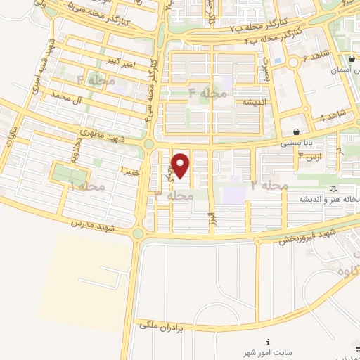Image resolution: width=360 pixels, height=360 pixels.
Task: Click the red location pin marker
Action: click(x=181, y=165)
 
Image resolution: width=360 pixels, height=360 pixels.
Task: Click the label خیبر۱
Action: click(x=131, y=170)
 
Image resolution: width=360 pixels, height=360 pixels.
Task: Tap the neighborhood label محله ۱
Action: click(x=88, y=186)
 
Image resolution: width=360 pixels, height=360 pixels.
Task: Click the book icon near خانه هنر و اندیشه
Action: click(x=333, y=188)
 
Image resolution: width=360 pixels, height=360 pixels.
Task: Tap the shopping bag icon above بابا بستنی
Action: click(x=297, y=132)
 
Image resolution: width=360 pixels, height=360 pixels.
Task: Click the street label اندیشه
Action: click(x=236, y=103)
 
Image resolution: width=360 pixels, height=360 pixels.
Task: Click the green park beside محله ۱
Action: click(x=70, y=173)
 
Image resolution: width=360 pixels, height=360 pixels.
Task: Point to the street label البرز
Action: click(x=210, y=217)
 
